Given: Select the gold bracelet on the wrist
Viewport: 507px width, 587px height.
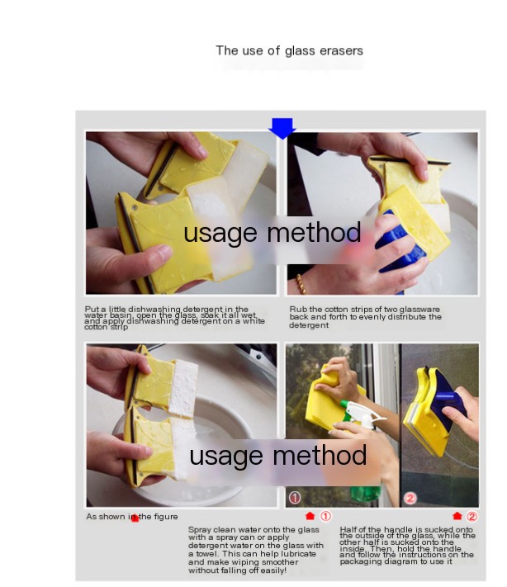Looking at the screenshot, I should click(x=301, y=284).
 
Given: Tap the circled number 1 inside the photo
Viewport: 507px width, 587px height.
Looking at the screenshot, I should click(x=295, y=498).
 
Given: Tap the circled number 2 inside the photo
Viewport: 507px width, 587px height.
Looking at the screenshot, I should click(x=410, y=498).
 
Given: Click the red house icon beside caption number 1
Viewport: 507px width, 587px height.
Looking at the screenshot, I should click(x=310, y=516).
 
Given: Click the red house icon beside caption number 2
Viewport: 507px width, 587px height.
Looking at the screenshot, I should click(x=457, y=516).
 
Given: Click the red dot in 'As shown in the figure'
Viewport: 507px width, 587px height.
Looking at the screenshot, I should click(x=134, y=518).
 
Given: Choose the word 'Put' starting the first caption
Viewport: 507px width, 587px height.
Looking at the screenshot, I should click(x=92, y=310).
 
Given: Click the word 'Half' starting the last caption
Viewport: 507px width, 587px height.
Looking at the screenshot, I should click(x=348, y=529).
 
